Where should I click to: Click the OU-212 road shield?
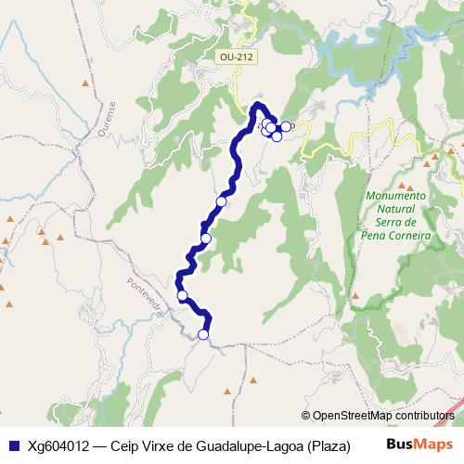237,58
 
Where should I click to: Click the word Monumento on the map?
395,196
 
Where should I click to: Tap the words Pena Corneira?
395,236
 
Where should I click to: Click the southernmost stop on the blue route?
203,335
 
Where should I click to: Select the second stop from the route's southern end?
182,296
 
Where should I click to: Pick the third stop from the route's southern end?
206,238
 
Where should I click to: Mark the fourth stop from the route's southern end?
221,201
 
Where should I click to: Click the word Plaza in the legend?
329,444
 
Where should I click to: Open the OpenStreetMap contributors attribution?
381,415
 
